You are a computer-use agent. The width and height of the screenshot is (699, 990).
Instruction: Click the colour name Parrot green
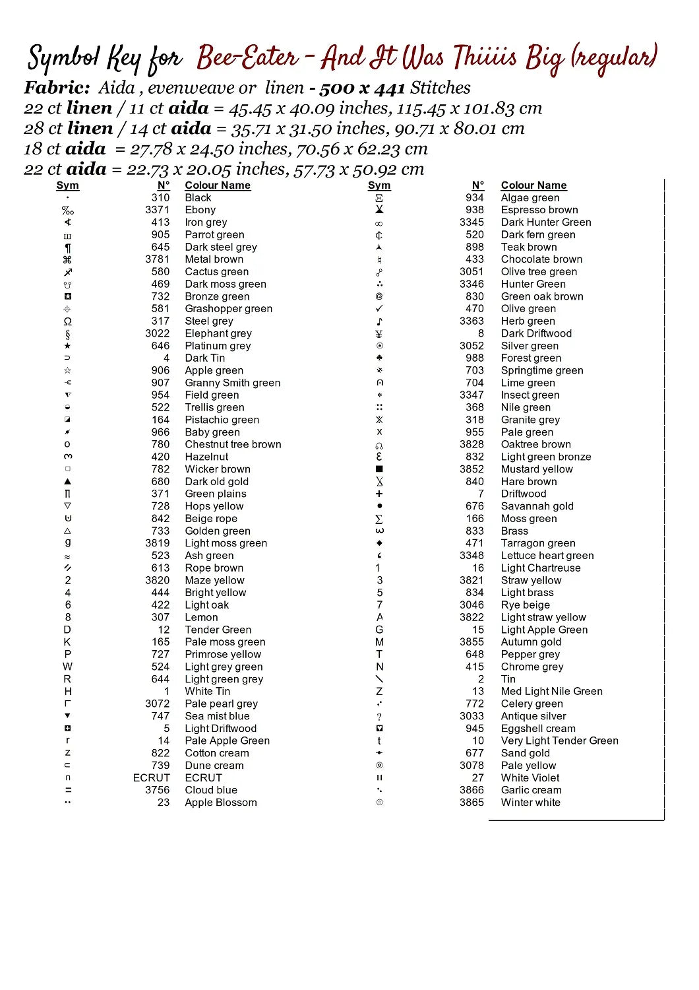[214, 235]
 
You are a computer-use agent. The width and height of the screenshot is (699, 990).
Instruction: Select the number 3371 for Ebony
[157, 210]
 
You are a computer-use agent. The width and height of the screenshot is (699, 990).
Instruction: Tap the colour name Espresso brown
[539, 210]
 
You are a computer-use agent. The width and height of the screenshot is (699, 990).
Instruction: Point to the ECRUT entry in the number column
[151, 777]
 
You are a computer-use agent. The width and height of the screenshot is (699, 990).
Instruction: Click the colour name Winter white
[530, 803]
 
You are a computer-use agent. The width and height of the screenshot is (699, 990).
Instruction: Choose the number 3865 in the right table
[471, 803]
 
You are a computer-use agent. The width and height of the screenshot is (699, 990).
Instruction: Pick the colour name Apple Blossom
[220, 803]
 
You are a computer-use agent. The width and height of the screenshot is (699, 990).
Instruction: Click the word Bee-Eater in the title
[248, 58]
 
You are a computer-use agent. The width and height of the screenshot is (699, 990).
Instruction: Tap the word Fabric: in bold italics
[57, 88]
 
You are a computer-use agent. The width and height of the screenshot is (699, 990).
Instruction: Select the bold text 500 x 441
[362, 88]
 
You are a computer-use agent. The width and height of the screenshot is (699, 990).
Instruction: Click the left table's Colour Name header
[218, 185]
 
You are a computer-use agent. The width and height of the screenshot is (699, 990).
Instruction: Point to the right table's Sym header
[379, 185]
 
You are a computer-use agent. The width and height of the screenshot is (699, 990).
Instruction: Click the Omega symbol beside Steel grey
[67, 321]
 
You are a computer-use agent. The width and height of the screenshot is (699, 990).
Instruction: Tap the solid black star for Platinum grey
[67, 346]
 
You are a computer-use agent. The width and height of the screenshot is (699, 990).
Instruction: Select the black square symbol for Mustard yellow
[379, 469]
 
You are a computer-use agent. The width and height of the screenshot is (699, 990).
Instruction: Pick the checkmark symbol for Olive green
[379, 309]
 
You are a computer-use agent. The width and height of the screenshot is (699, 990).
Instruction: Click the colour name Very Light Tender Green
[559, 741]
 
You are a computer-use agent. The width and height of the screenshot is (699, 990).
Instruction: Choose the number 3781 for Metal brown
[157, 259]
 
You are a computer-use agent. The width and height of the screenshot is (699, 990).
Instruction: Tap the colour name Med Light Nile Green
[551, 692]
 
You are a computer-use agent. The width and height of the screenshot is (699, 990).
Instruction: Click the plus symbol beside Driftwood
[379, 494]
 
